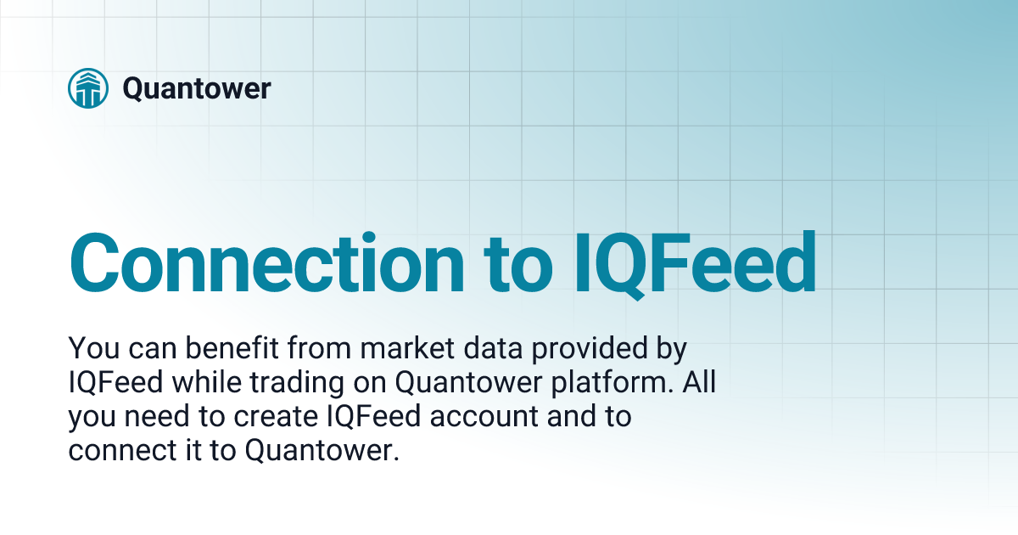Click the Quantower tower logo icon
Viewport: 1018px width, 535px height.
click(88, 88)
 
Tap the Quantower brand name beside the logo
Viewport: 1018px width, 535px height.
click(197, 88)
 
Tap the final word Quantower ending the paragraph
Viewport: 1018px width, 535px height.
click(322, 451)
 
